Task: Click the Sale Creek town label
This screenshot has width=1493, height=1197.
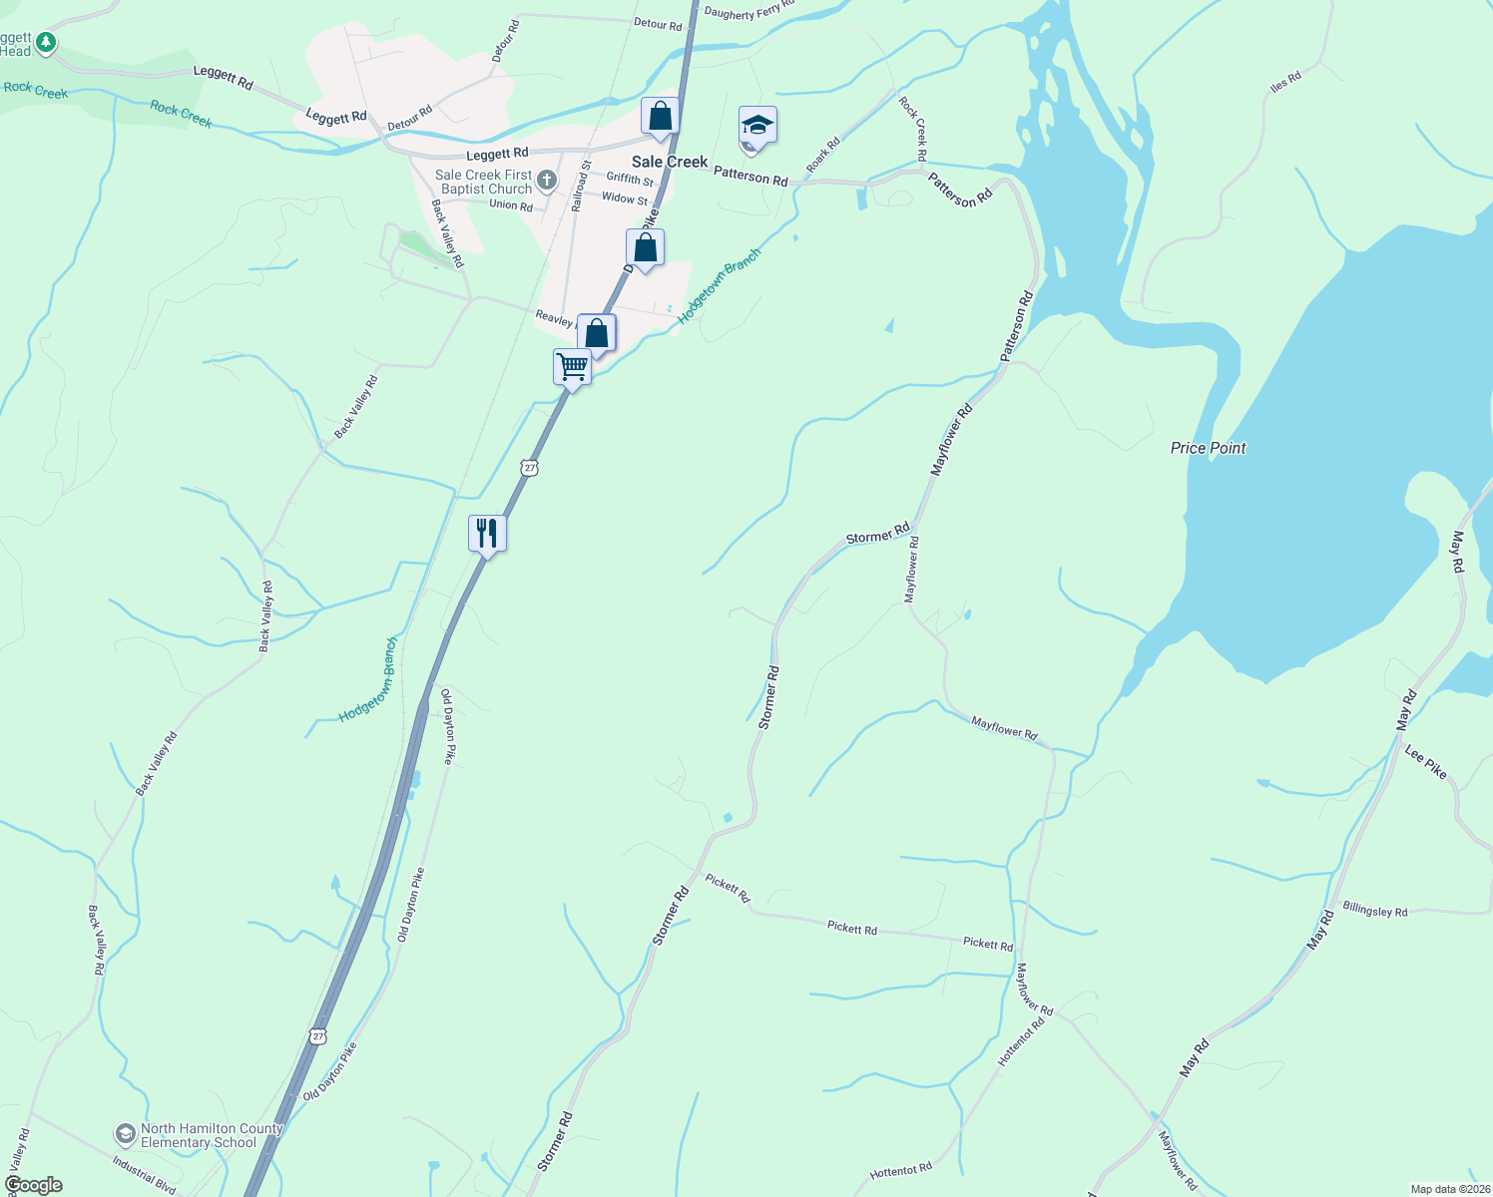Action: (x=670, y=162)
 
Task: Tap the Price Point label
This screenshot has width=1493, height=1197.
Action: (x=1208, y=448)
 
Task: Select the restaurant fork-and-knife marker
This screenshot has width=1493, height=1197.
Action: (x=487, y=533)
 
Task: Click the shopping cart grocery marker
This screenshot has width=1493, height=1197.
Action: (x=573, y=366)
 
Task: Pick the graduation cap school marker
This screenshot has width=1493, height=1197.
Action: (x=757, y=126)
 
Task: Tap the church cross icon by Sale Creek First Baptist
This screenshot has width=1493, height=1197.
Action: (x=546, y=181)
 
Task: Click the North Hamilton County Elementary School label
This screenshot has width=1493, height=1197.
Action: (x=212, y=1136)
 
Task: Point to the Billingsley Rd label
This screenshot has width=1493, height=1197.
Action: (x=1374, y=911)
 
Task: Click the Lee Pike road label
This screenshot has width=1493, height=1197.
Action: (x=1425, y=762)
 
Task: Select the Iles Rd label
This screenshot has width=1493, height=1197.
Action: (x=1285, y=82)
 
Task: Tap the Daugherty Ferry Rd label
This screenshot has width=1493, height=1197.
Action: (x=748, y=10)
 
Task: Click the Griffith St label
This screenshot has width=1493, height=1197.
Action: (x=630, y=179)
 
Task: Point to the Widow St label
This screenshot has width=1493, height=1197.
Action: (x=624, y=198)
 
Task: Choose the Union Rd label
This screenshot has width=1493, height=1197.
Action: (x=510, y=205)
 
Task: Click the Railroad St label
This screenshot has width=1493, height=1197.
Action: (x=581, y=187)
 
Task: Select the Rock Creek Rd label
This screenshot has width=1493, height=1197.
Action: (x=913, y=127)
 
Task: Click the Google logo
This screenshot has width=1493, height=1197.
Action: (x=33, y=1185)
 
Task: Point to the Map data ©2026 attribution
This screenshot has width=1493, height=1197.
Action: (x=1448, y=1189)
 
